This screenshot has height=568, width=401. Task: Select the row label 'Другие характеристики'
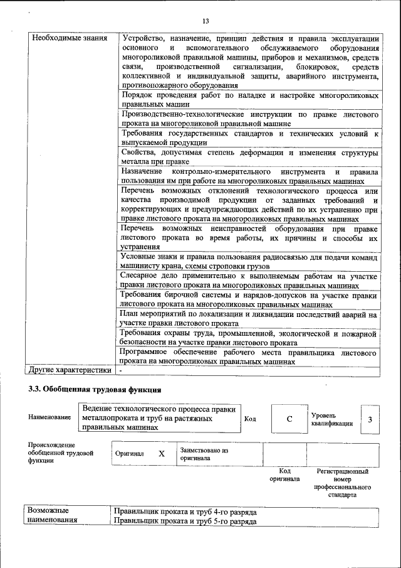(x=69, y=370)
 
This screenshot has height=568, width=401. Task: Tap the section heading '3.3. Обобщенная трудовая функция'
(x=90, y=389)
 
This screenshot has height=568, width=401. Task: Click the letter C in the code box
(x=289, y=419)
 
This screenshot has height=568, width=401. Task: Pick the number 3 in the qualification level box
(x=370, y=419)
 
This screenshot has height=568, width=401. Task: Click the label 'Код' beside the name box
(x=250, y=419)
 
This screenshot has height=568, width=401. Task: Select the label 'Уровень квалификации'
(x=331, y=419)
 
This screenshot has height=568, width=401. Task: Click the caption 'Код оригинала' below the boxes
(x=284, y=474)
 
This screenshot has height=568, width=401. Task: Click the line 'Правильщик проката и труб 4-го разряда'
(x=185, y=512)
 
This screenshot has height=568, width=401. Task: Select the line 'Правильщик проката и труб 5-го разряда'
(x=185, y=522)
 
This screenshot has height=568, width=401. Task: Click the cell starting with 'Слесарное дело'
(x=249, y=280)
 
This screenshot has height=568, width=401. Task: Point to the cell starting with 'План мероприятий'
(x=249, y=318)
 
